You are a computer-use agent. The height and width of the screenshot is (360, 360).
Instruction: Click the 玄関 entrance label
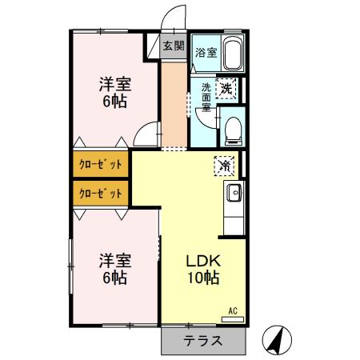pos(174,46)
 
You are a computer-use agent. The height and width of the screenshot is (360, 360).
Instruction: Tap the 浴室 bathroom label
pos(206,53)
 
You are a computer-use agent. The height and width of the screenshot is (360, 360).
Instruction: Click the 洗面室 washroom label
pos(206,97)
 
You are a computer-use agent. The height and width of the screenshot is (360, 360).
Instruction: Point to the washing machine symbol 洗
pos(227,88)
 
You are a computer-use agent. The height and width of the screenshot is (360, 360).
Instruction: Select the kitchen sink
pos(235,192)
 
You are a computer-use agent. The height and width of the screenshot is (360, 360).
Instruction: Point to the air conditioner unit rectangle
pos(233,319)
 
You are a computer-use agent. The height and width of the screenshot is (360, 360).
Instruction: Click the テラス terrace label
pos(203,341)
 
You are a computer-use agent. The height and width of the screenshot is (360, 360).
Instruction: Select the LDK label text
pos(203,262)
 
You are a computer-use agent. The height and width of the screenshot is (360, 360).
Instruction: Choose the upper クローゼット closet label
pos(101,165)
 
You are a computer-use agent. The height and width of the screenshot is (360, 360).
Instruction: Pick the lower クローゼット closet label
pos(101,193)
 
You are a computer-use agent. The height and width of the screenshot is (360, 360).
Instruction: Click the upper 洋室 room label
pos(115,84)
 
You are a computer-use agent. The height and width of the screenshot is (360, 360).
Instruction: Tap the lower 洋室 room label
pos(115,261)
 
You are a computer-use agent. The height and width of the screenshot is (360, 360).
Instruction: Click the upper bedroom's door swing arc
pos(144,135)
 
